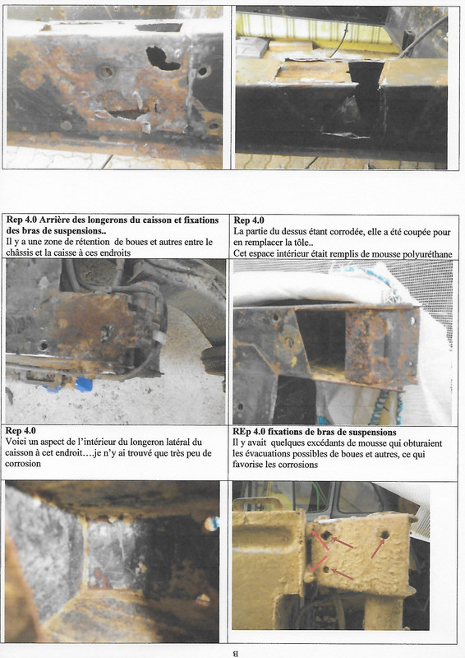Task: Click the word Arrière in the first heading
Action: tap(55, 220)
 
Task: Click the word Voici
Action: tap(15, 442)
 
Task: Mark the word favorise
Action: tap(247, 464)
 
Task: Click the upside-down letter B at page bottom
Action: tap(236, 653)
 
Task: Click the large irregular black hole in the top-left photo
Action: tap(163, 58)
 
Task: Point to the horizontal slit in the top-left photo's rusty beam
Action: tap(128, 114)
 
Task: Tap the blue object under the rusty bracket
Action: tap(83, 384)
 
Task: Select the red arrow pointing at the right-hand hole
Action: tap(378, 549)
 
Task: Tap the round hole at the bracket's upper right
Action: tap(384, 535)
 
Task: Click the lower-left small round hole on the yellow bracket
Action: tap(326, 569)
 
